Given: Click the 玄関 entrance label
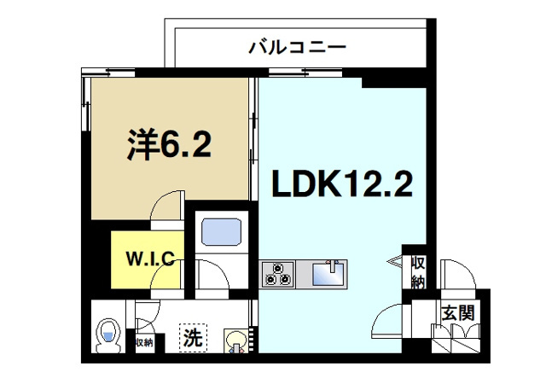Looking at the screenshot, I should tap(457, 311).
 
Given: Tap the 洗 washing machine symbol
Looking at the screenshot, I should tap(193, 337).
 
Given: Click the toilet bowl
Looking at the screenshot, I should tap(107, 335).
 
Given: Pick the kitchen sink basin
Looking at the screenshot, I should tap(328, 274).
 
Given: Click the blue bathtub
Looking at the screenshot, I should tap(219, 233).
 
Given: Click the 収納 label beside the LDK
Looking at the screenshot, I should tap(418, 271).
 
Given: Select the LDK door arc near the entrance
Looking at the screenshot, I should tap(388, 320).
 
